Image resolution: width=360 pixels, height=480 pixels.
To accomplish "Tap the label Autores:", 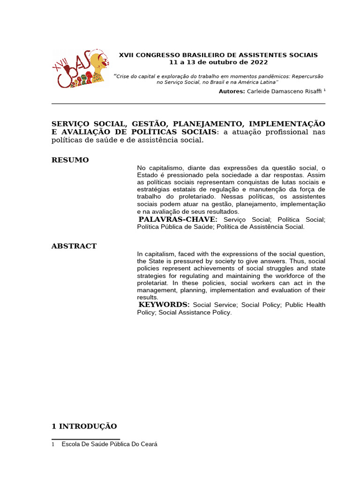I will tap(232, 91).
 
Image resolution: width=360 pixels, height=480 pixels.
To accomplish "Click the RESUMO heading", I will tap(70, 160).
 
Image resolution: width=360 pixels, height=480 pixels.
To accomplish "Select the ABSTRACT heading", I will tap(74, 246).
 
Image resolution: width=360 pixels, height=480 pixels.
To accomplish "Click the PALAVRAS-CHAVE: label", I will tap(178, 219).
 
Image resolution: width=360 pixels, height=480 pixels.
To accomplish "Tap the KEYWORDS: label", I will tap(165, 305).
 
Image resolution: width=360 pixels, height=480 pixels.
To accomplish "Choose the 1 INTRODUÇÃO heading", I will tap(84, 426).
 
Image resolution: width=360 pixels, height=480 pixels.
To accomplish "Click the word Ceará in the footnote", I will tap(148, 444).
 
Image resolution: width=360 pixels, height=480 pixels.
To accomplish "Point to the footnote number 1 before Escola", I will tap(53, 444).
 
